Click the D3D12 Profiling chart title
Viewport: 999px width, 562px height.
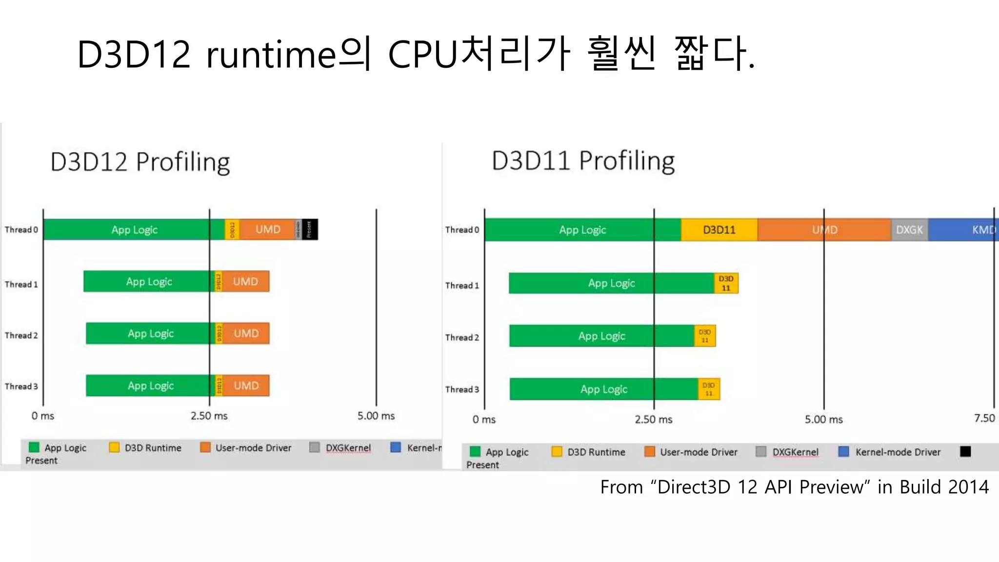pyautogui.click(x=140, y=162)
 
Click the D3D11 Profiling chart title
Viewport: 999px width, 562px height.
pyautogui.click(x=583, y=161)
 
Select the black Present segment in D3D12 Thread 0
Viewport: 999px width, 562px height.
pyautogui.click(x=310, y=229)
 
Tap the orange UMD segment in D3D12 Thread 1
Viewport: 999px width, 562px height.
pyautogui.click(x=245, y=281)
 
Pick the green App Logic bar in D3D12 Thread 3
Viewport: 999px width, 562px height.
pyautogui.click(x=150, y=385)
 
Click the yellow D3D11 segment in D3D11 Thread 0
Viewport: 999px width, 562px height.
pyautogui.click(x=719, y=230)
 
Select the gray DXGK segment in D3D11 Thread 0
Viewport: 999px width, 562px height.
pyautogui.click(x=909, y=230)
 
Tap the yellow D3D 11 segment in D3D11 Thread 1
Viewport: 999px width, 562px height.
pyautogui.click(x=726, y=283)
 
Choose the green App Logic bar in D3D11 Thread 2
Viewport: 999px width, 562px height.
pyautogui.click(x=601, y=336)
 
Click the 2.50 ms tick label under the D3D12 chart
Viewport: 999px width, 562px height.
pyautogui.click(x=209, y=416)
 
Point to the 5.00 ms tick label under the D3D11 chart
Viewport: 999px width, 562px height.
pyautogui.click(x=823, y=420)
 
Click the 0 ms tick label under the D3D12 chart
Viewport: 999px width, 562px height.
pyautogui.click(x=42, y=416)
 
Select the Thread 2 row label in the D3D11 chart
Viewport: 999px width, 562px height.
pyautogui.click(x=462, y=338)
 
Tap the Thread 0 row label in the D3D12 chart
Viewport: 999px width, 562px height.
pyautogui.click(x=21, y=230)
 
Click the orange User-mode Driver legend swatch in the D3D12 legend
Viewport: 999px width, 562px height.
pyautogui.click(x=205, y=447)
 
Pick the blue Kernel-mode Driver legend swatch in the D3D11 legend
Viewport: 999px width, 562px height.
pyautogui.click(x=843, y=452)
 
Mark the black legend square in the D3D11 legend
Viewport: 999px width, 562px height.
pyautogui.click(x=965, y=452)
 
